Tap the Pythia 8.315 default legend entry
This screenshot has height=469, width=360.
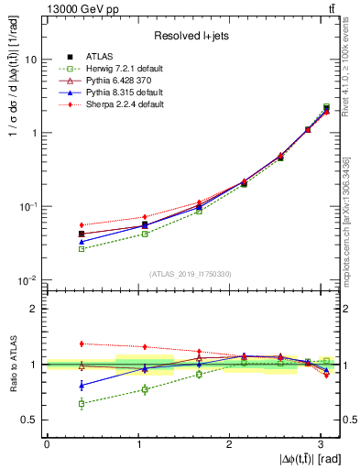(136, 93)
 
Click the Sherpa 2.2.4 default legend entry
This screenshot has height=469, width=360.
(136, 104)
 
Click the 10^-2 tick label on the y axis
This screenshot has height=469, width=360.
(27, 280)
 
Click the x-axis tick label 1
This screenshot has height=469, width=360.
(138, 443)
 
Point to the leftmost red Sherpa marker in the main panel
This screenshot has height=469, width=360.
(82, 224)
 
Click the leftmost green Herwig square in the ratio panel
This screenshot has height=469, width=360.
(82, 403)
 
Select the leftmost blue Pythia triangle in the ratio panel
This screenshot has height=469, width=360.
(82, 386)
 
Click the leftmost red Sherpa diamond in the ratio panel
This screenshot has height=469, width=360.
(82, 344)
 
